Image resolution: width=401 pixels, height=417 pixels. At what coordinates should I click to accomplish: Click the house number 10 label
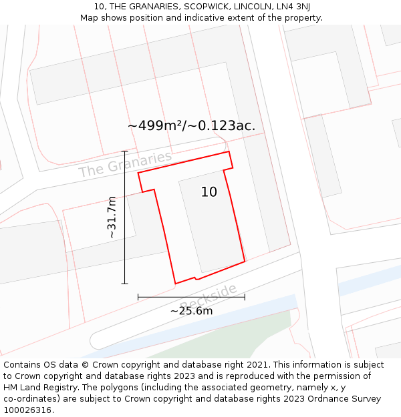[209, 192]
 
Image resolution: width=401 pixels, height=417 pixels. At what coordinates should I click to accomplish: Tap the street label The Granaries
[125, 164]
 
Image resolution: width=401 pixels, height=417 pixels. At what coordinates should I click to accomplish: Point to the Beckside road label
[209, 296]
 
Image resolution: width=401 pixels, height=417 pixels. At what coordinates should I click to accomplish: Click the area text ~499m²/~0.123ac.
[191, 125]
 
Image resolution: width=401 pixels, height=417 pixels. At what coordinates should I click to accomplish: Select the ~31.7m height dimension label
[112, 217]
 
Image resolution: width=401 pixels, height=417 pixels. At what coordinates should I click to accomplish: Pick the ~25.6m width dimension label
[191, 311]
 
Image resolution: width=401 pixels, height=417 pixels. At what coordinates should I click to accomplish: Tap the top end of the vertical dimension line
[124, 151]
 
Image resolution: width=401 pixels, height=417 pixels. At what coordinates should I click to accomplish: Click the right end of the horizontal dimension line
[245, 297]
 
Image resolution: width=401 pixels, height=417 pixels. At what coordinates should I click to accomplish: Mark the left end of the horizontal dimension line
[138, 297]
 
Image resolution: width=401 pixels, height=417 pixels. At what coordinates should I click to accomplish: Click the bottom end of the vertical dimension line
[124, 284]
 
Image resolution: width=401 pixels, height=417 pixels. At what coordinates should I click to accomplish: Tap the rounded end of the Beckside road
[96, 340]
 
